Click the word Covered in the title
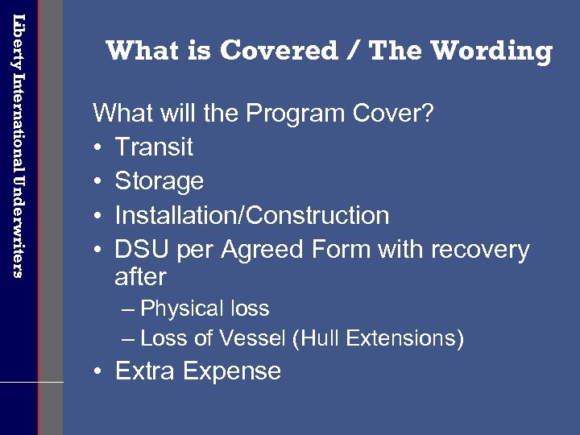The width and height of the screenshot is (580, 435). tap(280, 52)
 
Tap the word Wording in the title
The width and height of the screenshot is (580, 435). tap(491, 52)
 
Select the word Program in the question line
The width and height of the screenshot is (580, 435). tap(300, 113)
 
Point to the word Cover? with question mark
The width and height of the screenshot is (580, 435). tap(396, 113)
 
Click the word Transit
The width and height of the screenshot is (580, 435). tap(154, 147)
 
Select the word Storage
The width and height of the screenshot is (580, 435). tap(159, 181)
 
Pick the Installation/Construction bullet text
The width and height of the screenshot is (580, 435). tap(252, 216)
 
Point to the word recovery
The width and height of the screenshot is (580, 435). tap(480, 250)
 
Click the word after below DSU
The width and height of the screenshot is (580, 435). tap(140, 277)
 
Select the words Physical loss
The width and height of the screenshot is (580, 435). tap(205, 309)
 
